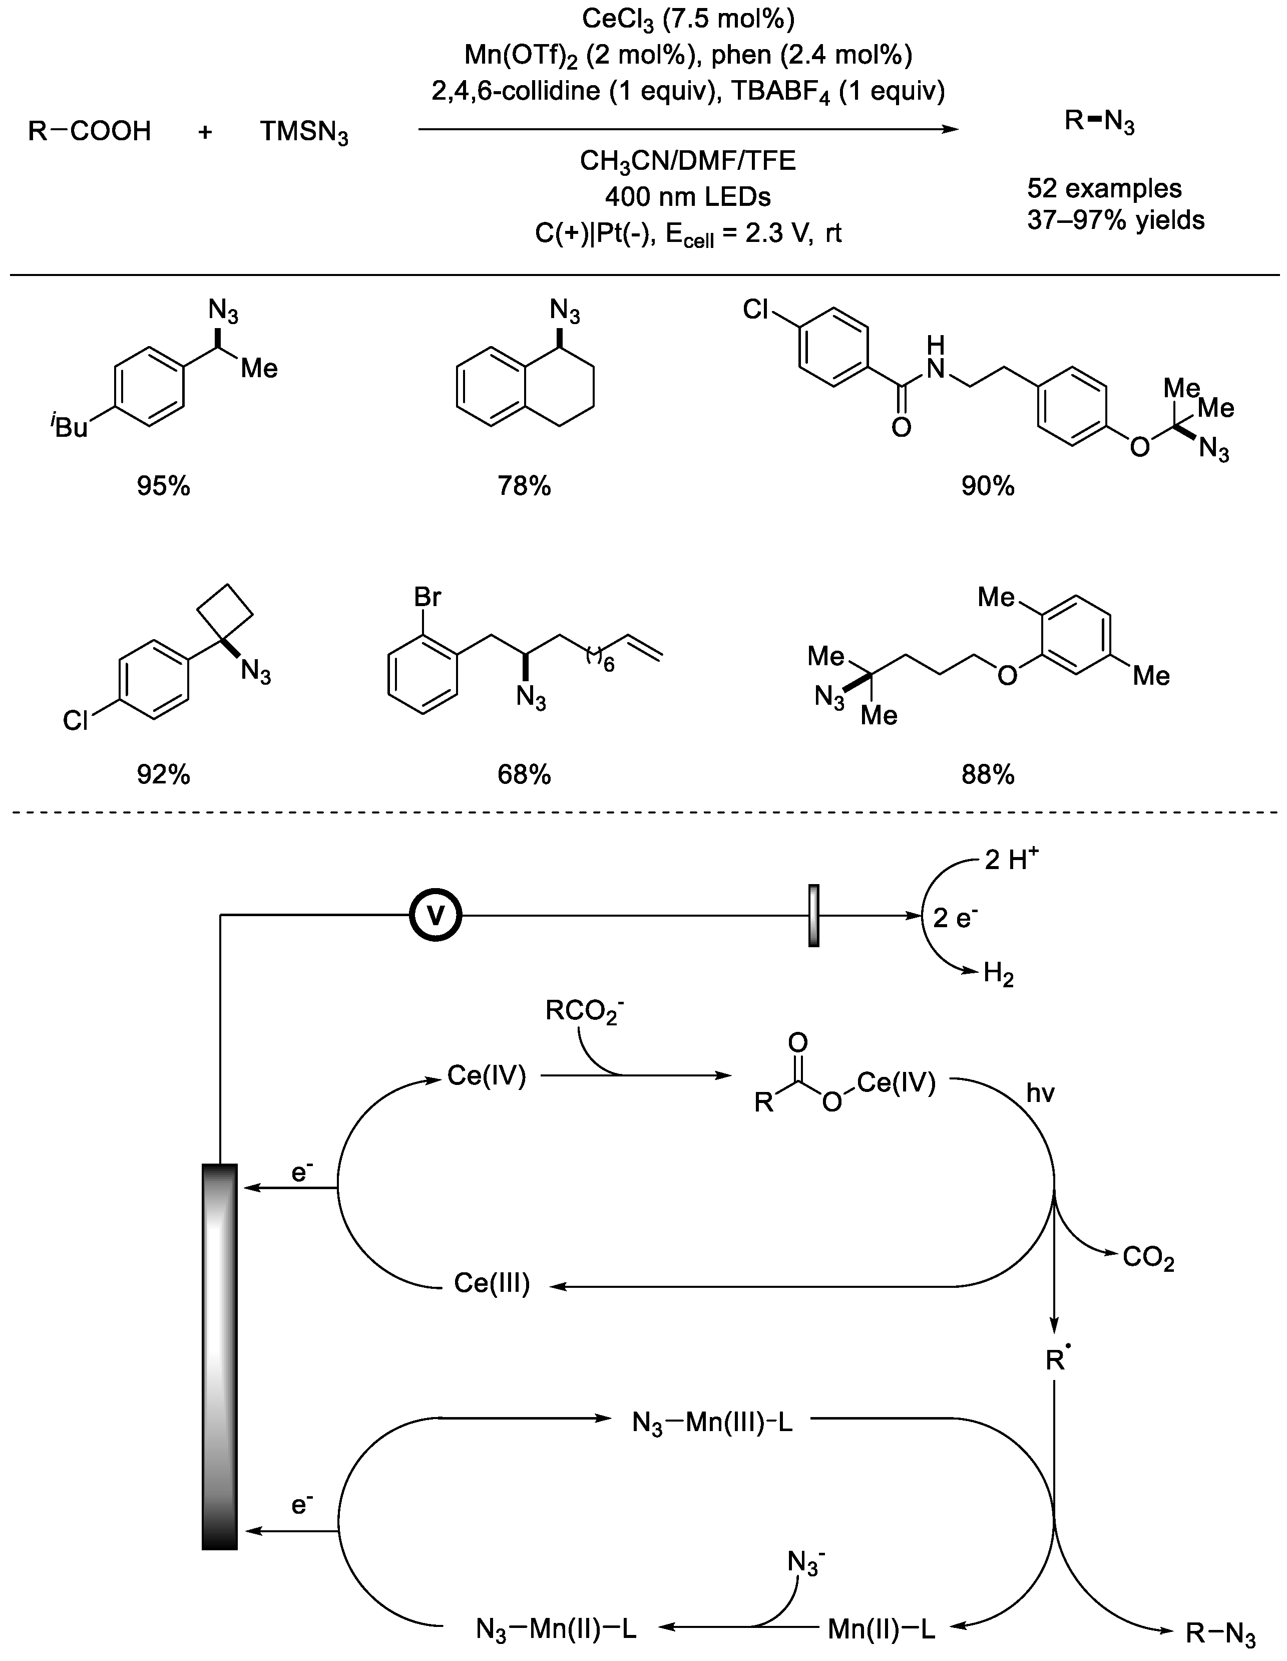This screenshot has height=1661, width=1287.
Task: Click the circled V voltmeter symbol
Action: [x=436, y=917]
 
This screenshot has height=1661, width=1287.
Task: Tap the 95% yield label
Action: [x=164, y=485]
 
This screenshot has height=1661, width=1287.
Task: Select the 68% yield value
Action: [x=524, y=774]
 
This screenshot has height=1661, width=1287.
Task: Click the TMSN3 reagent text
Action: [x=304, y=132]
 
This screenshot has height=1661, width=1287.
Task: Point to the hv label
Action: [x=1040, y=1093]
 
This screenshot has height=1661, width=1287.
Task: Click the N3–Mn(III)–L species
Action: [x=712, y=1422]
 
